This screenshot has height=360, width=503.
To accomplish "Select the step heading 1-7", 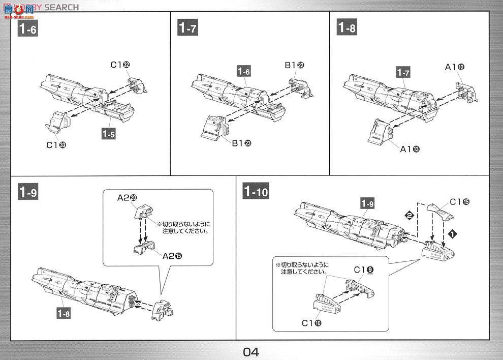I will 187,28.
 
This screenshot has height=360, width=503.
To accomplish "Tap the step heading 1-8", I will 347,28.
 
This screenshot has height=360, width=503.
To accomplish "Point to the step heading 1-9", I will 27,191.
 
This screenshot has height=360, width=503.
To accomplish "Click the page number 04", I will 251,351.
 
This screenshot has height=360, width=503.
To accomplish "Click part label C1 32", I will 120,65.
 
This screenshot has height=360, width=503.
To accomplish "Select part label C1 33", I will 56,145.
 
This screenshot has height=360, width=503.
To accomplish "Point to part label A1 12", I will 455,67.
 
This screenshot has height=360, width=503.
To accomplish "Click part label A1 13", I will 409,149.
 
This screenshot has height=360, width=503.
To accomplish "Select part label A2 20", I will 127,198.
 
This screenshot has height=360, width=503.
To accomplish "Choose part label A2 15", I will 172,256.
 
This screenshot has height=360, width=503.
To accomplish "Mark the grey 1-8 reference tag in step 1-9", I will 63,314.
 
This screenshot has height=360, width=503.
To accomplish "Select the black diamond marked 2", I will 409,216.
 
